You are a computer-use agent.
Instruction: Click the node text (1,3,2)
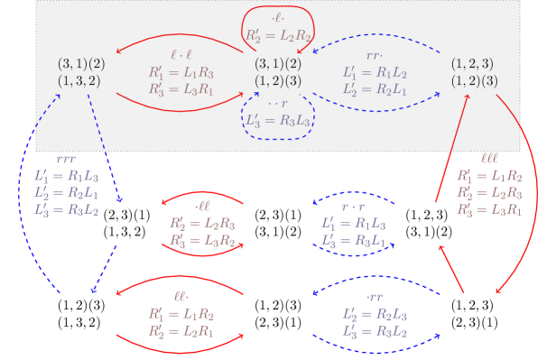pos(79,80)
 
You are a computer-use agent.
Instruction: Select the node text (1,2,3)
pos(473,64)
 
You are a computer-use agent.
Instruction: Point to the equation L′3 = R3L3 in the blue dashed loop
pos(277,119)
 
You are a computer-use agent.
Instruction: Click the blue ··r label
pos(278,103)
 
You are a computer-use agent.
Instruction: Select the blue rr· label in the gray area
pos(375,55)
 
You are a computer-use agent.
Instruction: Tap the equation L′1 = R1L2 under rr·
pos(375,72)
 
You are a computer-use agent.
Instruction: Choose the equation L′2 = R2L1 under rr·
pos(375,88)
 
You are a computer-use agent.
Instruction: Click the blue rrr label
pos(66,160)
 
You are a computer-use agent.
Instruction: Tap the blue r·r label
pos(355,207)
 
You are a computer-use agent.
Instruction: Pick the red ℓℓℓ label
pos(488,160)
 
